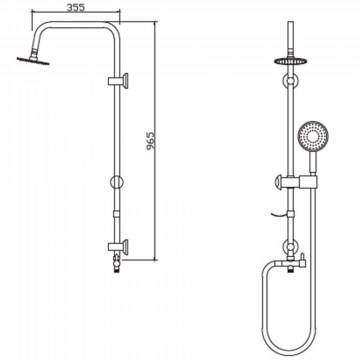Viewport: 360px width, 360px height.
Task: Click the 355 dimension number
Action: point(76,7)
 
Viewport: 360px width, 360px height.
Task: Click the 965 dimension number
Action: point(151,141)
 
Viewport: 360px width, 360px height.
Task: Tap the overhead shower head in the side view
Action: point(33,61)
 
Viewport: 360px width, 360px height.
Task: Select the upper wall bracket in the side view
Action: point(118,81)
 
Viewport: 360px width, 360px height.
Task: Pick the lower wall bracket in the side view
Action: point(118,247)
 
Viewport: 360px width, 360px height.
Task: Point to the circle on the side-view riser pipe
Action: point(117,182)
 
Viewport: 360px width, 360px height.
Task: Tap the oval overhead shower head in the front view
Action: point(291,61)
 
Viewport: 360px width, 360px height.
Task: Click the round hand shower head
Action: point(313,136)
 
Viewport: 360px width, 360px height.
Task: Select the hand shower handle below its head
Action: point(313,163)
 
